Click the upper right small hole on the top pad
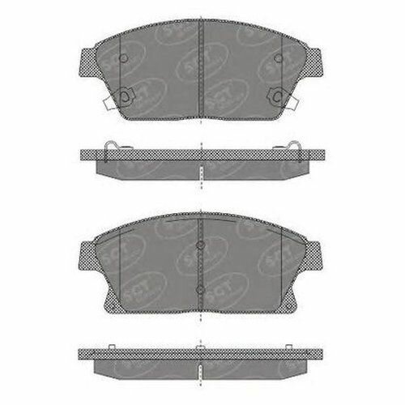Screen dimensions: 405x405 coord(279,58)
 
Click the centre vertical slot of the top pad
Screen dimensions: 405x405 coord(201,69)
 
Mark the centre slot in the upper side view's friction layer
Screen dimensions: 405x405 coord(201,172)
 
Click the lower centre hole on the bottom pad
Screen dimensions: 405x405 coord(200,288)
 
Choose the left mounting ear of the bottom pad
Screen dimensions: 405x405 coord(86,252)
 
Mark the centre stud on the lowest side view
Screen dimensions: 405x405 coord(200,348)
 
